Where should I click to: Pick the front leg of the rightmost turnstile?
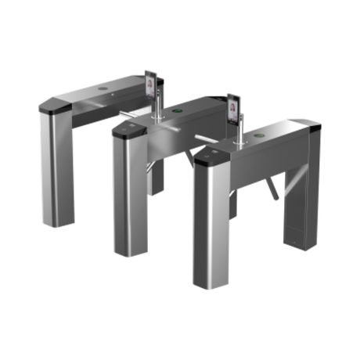[x=209, y=227]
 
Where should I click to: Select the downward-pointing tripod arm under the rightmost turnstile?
[x=271, y=186]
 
